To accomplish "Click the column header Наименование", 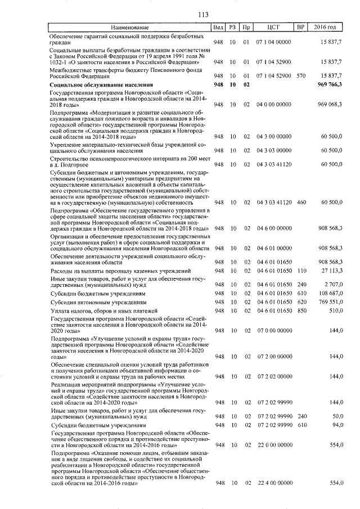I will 129,28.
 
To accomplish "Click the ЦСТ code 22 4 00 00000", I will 273,483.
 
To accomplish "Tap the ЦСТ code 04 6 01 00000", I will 273,248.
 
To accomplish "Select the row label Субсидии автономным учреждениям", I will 94,302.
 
